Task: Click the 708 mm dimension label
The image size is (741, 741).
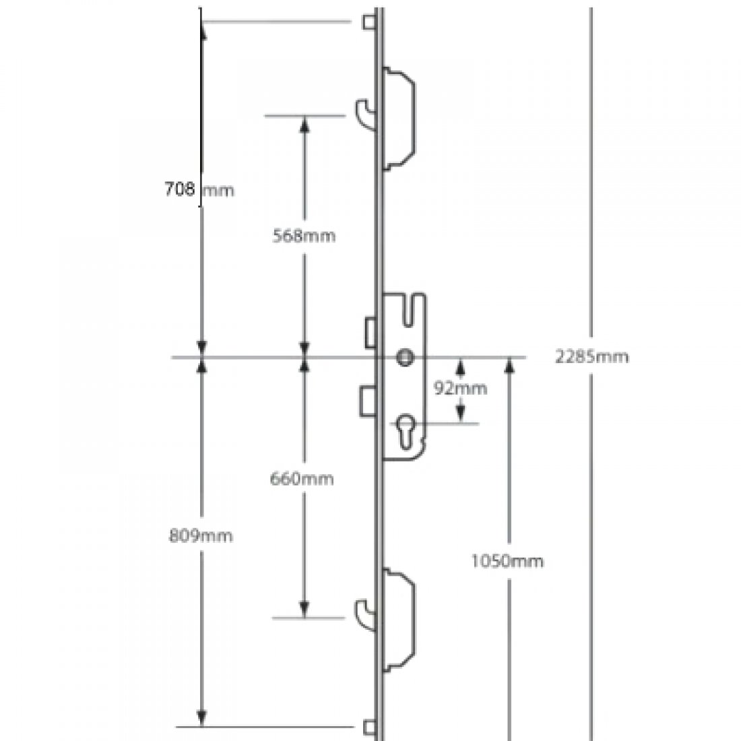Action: click(199, 189)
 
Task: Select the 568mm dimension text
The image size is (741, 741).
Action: click(304, 236)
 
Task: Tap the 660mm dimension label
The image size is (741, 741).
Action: click(302, 479)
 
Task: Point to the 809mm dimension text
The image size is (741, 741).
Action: click(201, 536)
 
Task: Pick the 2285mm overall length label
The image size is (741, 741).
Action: click(591, 356)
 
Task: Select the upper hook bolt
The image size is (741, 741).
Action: click(364, 111)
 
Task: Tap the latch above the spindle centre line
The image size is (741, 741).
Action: click(370, 331)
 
